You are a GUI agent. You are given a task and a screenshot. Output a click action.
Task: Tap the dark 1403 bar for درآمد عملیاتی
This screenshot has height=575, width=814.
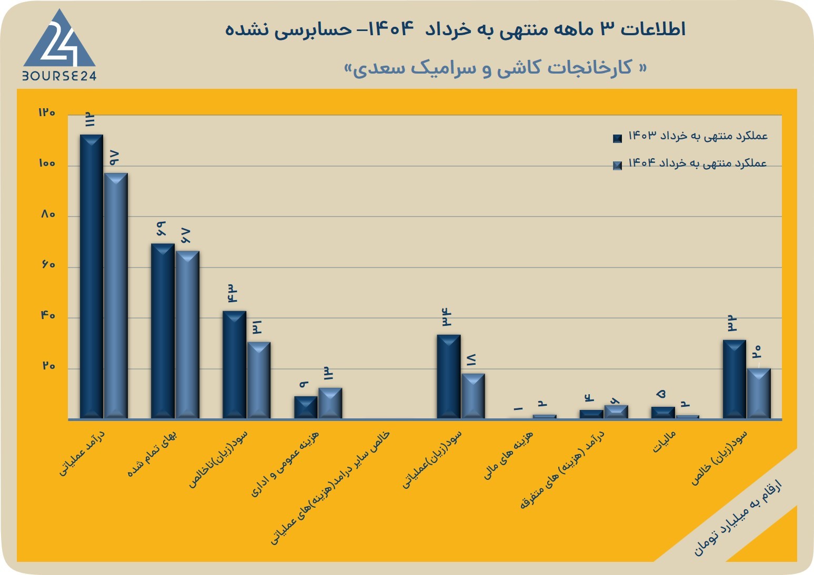91,276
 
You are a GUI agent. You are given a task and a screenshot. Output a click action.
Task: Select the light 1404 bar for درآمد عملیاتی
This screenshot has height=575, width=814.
116,296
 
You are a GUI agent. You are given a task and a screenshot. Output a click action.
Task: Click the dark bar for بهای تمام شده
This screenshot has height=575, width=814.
163,331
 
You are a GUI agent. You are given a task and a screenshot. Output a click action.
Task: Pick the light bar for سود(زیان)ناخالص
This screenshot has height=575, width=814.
258,381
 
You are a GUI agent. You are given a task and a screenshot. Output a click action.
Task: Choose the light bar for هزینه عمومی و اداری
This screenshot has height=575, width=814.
330,403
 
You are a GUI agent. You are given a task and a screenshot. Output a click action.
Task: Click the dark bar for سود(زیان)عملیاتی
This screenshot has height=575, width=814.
448,377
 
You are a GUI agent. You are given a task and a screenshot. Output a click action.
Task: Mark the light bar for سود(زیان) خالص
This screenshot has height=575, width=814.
759,394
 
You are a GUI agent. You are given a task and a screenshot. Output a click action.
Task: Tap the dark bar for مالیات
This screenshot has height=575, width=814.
663,413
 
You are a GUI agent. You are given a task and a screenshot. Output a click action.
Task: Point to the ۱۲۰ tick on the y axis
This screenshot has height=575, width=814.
47,112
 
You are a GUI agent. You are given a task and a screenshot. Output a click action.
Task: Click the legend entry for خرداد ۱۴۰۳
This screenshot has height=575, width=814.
690,136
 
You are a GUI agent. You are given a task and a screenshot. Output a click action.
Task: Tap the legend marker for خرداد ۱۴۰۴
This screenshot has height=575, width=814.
617,166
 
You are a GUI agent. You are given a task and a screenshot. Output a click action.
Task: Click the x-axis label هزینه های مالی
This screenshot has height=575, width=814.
508,455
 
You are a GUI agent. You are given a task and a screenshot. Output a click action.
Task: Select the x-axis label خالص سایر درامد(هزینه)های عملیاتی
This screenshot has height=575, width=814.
329,488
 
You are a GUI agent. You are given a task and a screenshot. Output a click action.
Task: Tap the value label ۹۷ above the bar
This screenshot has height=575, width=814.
115,158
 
